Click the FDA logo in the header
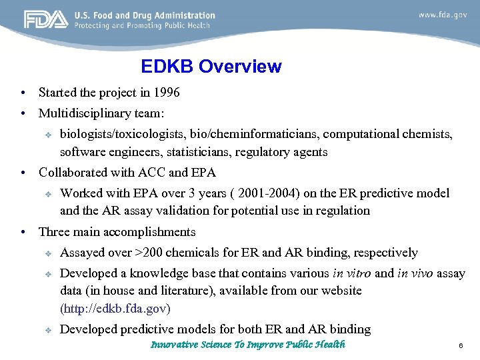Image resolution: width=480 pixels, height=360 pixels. [46, 20]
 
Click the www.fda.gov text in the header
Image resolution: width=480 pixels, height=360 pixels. [442, 15]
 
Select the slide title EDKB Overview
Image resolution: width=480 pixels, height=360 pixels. [211, 67]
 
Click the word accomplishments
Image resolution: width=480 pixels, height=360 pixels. [152, 232]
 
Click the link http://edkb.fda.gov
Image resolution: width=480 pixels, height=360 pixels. [115, 309]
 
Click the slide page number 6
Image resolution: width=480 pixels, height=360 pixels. [460, 346]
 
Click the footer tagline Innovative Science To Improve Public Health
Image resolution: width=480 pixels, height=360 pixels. [248, 345]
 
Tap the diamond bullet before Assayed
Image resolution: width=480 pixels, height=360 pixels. [48, 253]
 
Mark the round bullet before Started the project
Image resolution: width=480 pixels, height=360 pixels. [23, 93]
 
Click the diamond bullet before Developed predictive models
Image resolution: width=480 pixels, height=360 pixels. [48, 329]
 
